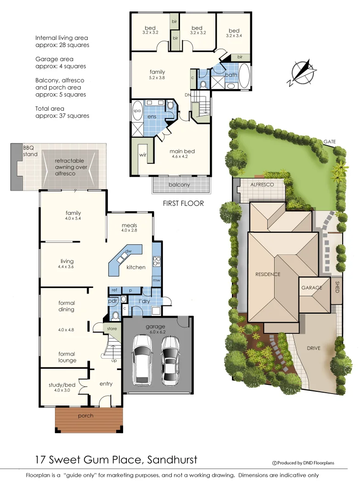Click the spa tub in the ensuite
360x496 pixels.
137,112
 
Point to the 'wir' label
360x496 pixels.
143,155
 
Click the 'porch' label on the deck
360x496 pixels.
86,416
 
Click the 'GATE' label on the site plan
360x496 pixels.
330,141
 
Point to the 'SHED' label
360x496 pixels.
337,287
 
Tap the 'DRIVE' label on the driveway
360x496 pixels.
314,349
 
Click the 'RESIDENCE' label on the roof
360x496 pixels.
268,274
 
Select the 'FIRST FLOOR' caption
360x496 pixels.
184,203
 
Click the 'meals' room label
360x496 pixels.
129,225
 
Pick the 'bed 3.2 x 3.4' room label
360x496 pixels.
234,34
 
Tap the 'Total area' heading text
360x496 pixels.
50,108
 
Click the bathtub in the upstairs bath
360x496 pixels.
244,76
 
